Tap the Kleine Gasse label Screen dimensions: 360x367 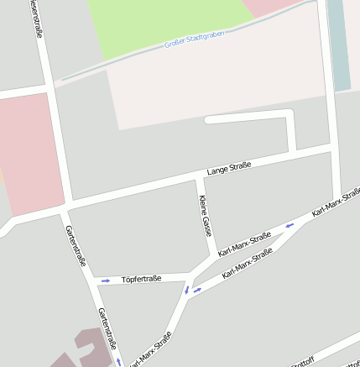(x=204, y=215)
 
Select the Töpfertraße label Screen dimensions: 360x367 (x=141, y=278)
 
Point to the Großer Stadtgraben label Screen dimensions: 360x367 (x=195, y=39)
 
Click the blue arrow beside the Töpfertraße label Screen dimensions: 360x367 (x=106, y=280)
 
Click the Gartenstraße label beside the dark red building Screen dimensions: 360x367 (x=107, y=328)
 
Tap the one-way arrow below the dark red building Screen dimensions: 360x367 (x=119, y=362)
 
